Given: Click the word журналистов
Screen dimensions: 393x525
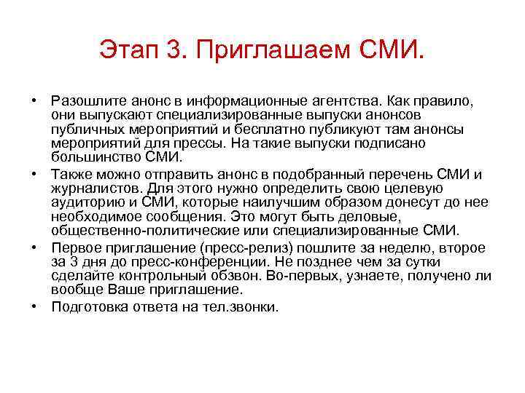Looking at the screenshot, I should [x=92, y=187].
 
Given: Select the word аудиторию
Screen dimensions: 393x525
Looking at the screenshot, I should [x=85, y=202].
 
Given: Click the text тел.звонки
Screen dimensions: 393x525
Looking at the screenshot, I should [x=241, y=307].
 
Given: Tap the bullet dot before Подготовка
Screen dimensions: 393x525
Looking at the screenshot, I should [x=36, y=306].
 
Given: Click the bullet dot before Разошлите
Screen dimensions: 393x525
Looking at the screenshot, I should [x=36, y=98].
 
